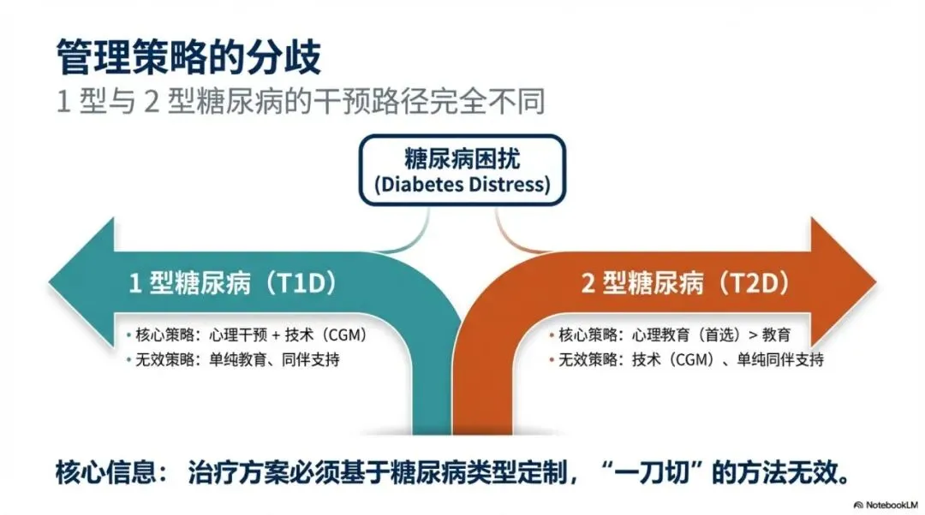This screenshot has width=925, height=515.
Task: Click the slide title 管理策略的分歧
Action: [188, 57]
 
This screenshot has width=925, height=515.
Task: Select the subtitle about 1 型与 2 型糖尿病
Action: [301, 104]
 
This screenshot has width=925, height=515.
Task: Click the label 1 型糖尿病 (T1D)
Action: [231, 283]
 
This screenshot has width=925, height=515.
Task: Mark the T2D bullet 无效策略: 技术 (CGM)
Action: [685, 359]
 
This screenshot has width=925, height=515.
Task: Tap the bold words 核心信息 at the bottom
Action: [98, 472]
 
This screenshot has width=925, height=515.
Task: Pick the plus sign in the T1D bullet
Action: [276, 334]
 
